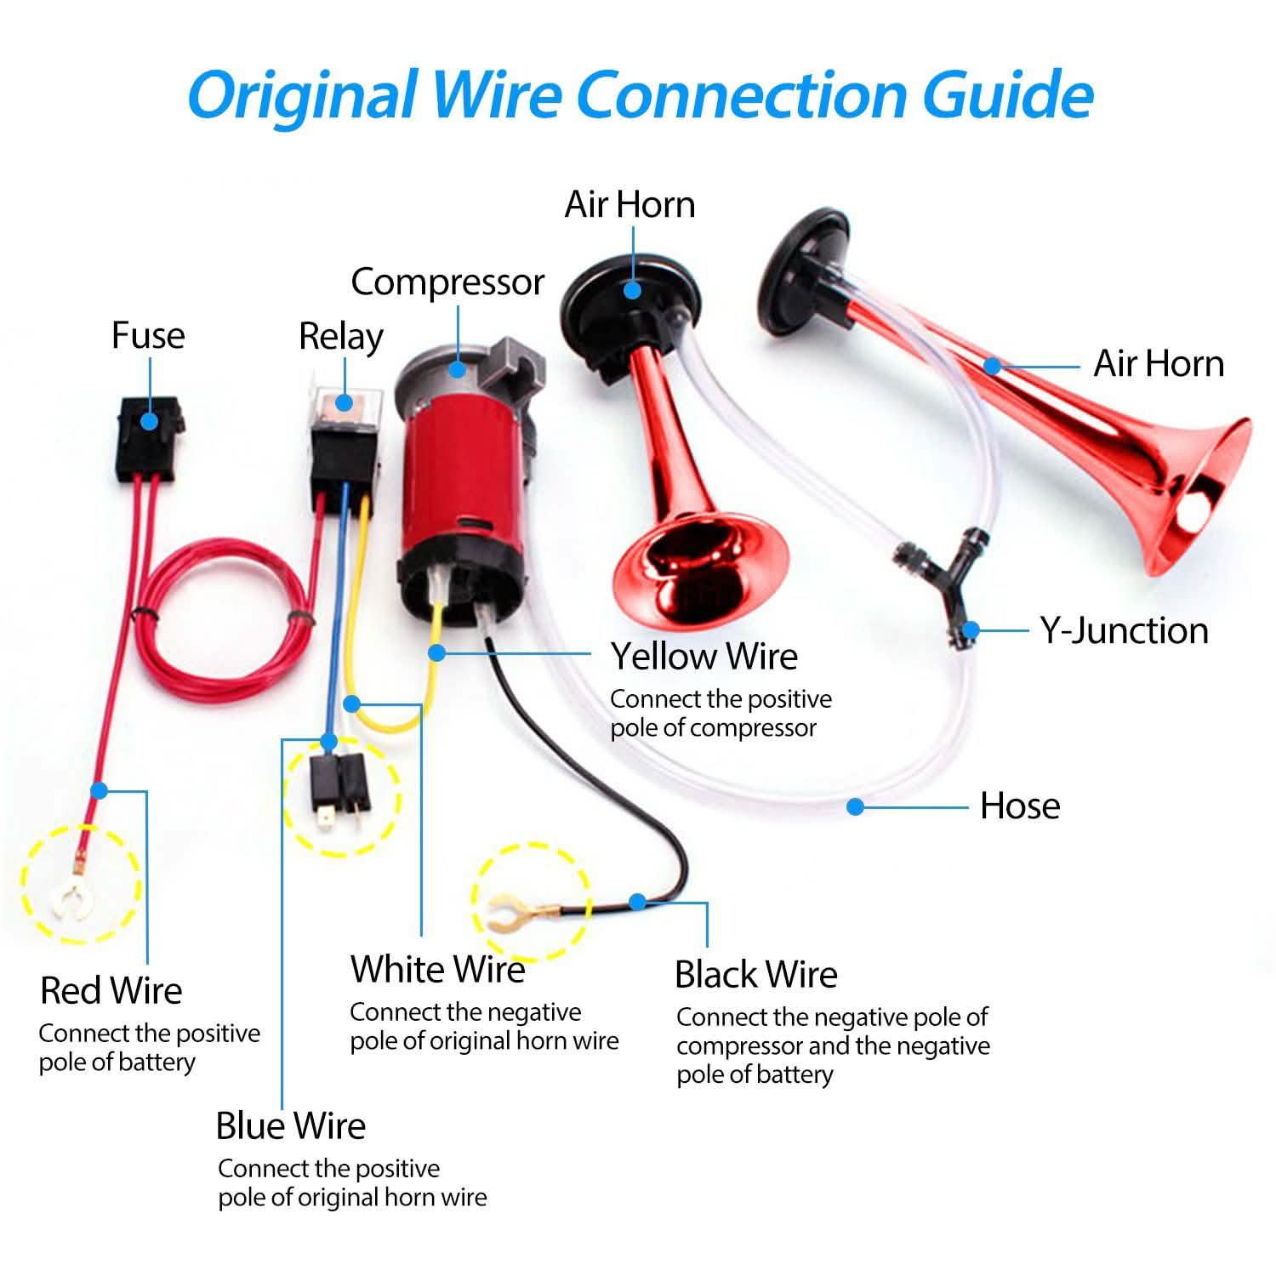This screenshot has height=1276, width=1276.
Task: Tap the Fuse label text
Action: [x=148, y=335]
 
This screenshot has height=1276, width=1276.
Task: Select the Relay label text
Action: [x=340, y=337]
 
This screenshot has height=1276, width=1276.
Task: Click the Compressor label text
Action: [x=447, y=282]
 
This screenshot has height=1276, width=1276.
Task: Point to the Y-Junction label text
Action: [x=1124, y=630]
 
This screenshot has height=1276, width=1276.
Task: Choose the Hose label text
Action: [x=1020, y=806]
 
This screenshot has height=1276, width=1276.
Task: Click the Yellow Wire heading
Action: [x=704, y=656]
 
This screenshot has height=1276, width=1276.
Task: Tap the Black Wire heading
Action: [x=755, y=974]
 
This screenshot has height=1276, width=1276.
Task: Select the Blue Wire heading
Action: [x=290, y=1125]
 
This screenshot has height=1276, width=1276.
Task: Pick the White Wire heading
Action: [x=437, y=969]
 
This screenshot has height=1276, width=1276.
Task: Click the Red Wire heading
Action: [x=111, y=991]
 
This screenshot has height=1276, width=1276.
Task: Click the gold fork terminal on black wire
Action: [x=509, y=913]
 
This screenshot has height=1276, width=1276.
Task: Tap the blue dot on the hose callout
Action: [x=856, y=806]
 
